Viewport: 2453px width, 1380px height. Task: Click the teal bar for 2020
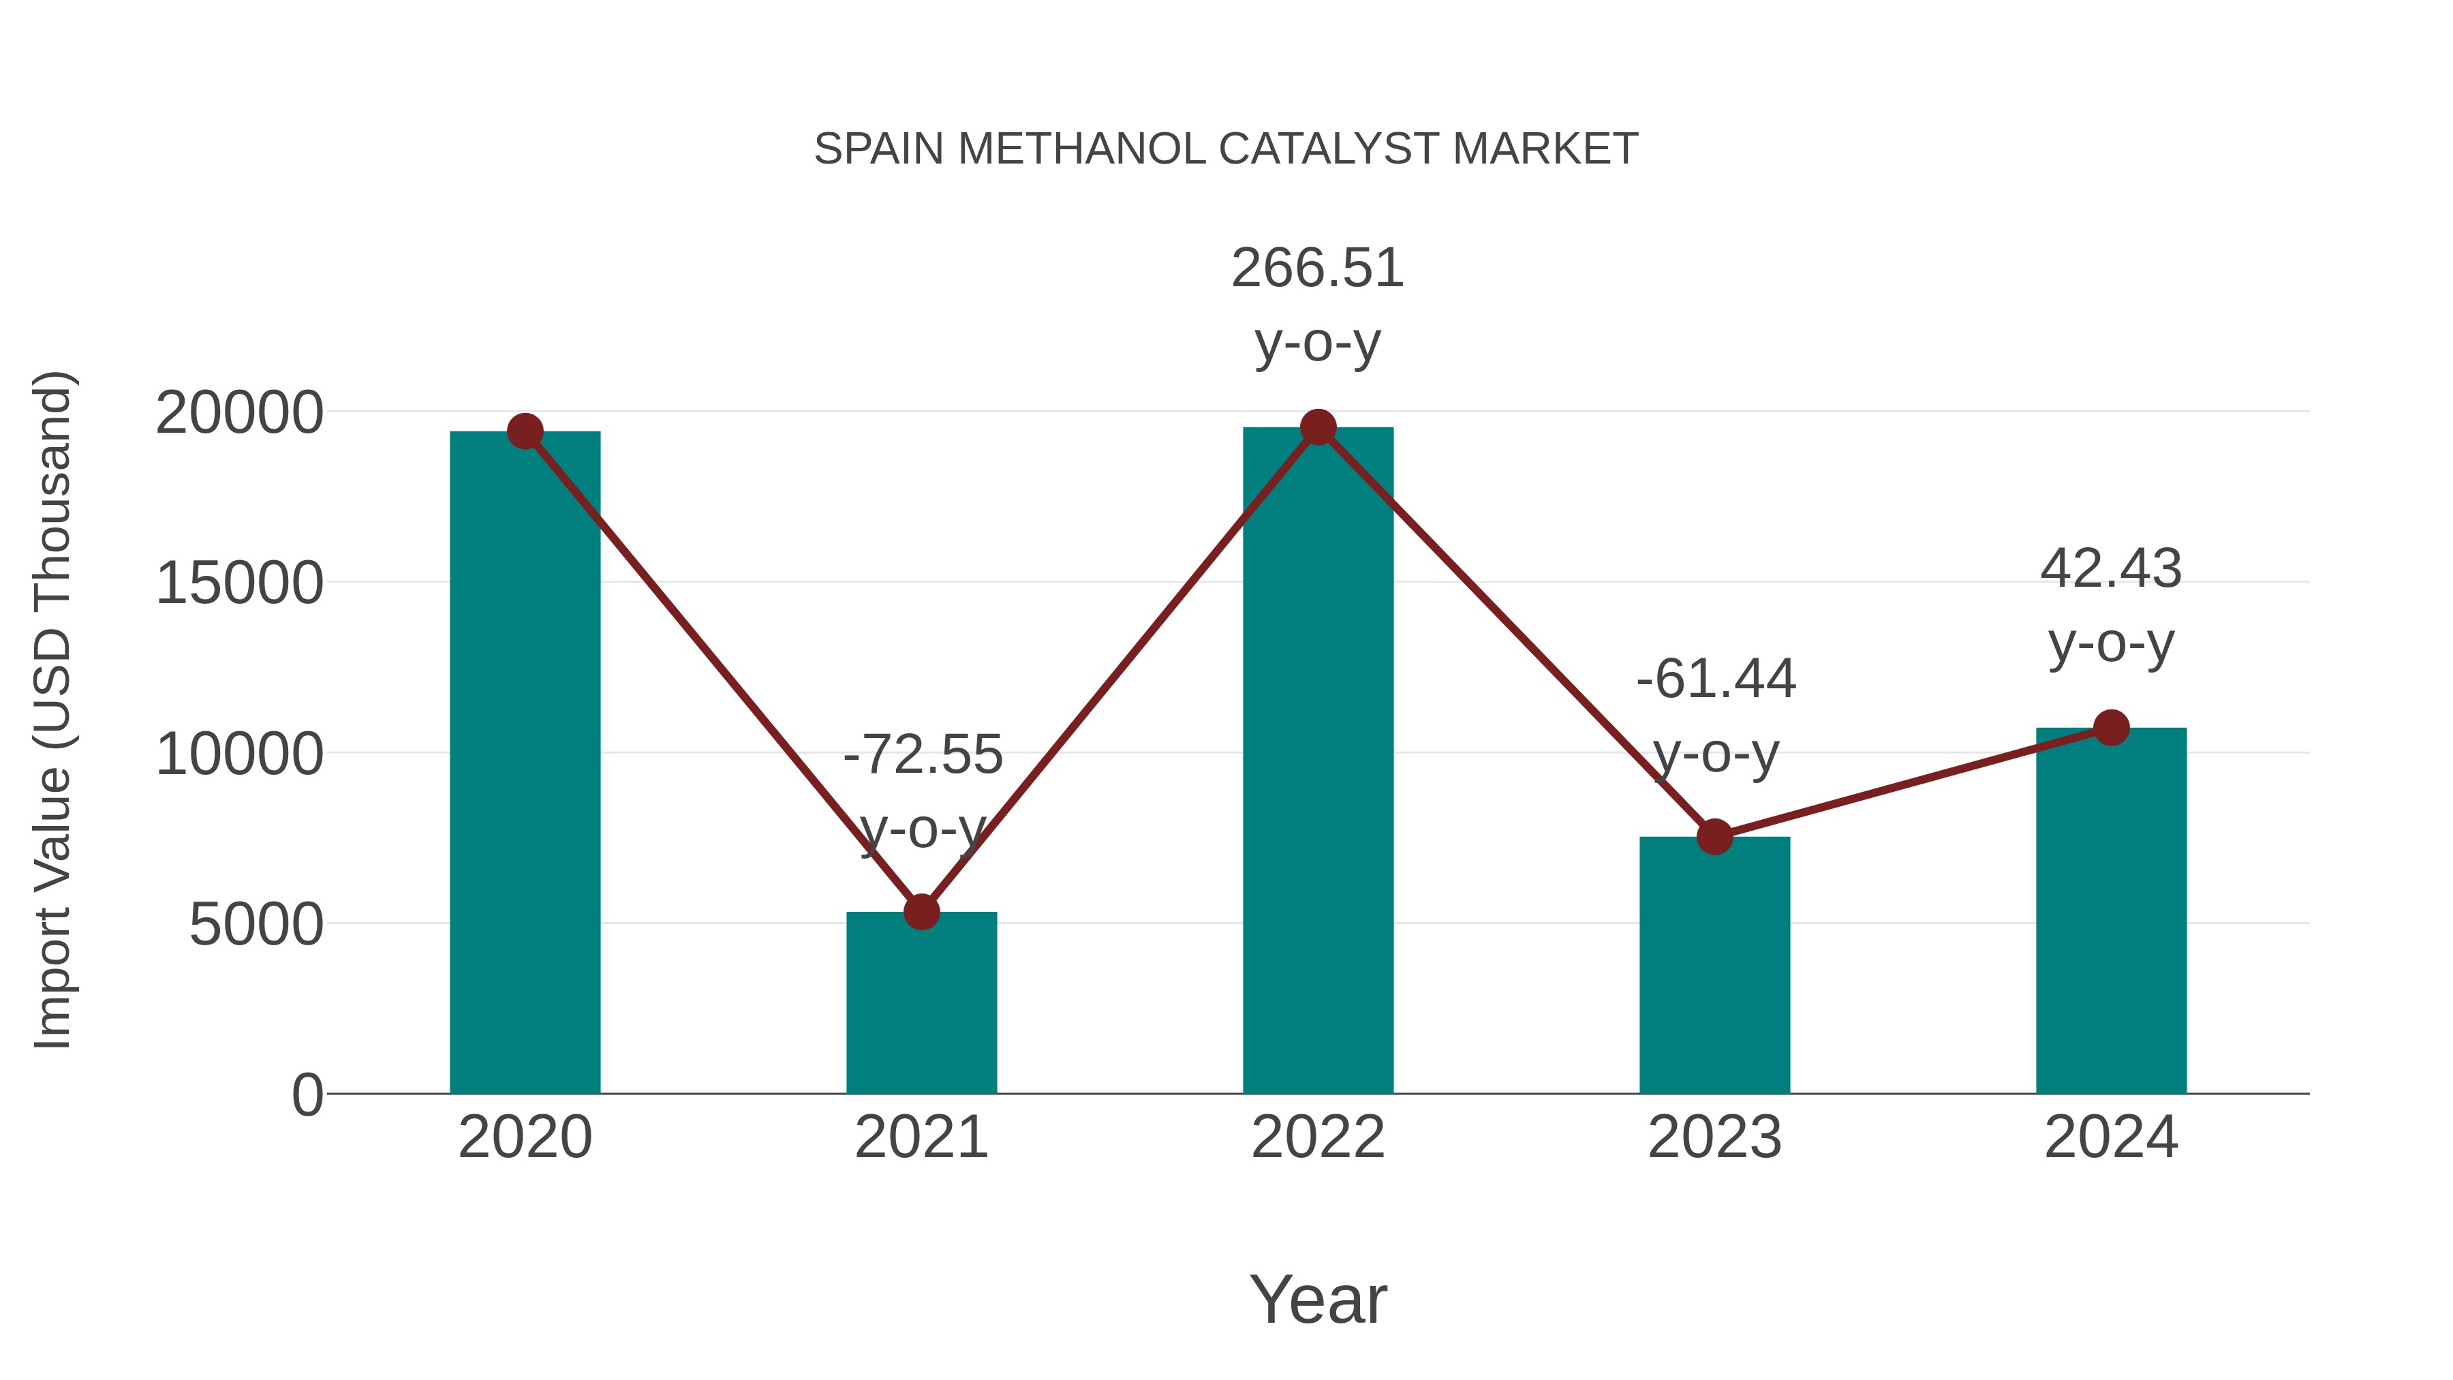point(525,762)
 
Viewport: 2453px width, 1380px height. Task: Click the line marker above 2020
point(525,431)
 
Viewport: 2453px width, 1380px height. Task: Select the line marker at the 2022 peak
point(1318,427)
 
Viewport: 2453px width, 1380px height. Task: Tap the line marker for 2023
point(1714,836)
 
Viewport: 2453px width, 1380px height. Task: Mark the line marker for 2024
point(2111,728)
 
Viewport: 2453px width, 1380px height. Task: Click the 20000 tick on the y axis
point(239,414)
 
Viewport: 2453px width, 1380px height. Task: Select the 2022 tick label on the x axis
point(1318,1137)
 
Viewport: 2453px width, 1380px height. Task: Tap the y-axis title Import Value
point(52,709)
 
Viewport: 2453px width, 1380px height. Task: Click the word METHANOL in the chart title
point(1082,149)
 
